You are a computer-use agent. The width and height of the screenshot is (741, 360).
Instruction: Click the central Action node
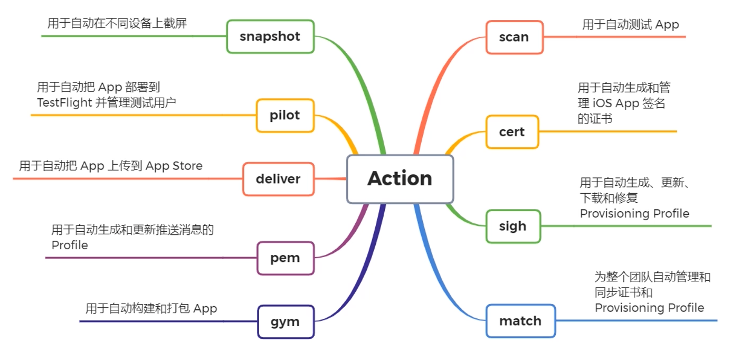(x=400, y=179)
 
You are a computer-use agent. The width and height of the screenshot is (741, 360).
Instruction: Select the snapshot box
(x=270, y=36)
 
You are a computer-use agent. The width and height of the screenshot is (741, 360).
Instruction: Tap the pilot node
(x=285, y=115)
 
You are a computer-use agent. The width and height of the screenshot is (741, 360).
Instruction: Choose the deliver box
(x=278, y=179)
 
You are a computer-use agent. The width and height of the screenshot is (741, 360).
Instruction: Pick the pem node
(x=285, y=258)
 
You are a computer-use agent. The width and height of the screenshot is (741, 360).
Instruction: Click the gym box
(x=285, y=321)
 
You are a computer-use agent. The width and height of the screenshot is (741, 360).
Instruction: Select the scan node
(x=514, y=37)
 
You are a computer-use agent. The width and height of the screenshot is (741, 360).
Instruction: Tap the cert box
(x=512, y=131)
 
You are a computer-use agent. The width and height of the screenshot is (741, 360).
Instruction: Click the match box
(x=520, y=321)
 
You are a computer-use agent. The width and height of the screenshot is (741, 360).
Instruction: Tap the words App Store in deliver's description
(x=174, y=166)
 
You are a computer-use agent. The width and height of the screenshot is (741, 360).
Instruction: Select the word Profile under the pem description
(x=70, y=245)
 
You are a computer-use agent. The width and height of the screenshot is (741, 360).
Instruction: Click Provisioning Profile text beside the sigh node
(x=634, y=213)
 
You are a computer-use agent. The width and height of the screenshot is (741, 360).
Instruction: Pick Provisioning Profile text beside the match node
(x=649, y=307)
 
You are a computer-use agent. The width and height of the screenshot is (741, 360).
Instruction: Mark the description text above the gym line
(x=151, y=308)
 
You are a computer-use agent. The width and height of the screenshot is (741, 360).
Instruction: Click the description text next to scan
(x=630, y=24)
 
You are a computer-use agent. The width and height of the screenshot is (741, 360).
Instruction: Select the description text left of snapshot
(x=117, y=23)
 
